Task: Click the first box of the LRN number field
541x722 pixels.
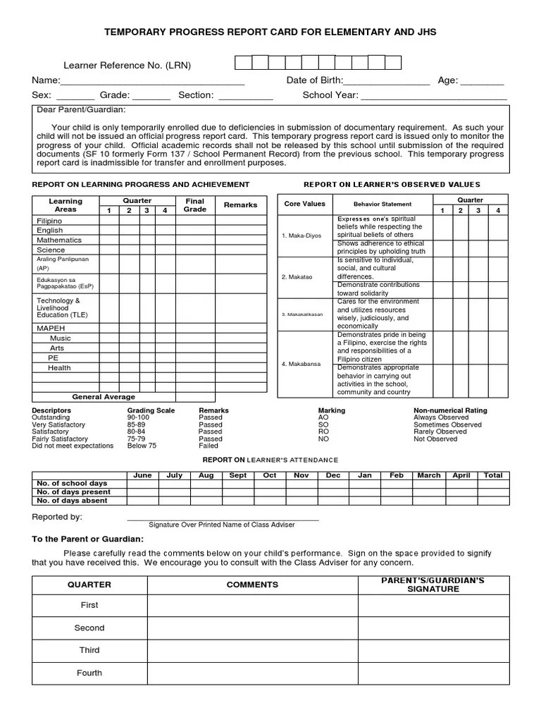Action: pyautogui.click(x=242, y=63)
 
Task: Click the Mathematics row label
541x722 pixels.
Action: pyautogui.click(x=59, y=240)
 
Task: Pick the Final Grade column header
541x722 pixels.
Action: pyautogui.click(x=194, y=205)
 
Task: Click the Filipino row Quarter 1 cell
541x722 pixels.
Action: pyautogui.click(x=109, y=221)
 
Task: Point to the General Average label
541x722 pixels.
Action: pyautogui.click(x=104, y=397)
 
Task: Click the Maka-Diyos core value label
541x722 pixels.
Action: pyautogui.click(x=301, y=235)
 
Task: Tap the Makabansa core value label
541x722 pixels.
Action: pyautogui.click(x=301, y=364)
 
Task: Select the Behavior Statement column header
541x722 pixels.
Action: pyautogui.click(x=383, y=204)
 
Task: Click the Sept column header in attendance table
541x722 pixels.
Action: pyautogui.click(x=238, y=475)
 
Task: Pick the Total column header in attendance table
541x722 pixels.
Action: pyautogui.click(x=493, y=475)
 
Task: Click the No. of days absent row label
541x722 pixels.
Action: pyautogui.click(x=72, y=501)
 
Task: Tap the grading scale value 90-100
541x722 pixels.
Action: pyautogui.click(x=138, y=417)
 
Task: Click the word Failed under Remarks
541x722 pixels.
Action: pyautogui.click(x=209, y=446)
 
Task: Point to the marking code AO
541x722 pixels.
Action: pyautogui.click(x=323, y=417)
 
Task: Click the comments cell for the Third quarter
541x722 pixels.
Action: pyautogui.click(x=252, y=650)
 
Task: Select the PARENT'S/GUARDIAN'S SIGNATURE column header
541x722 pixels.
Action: pyautogui.click(x=433, y=585)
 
